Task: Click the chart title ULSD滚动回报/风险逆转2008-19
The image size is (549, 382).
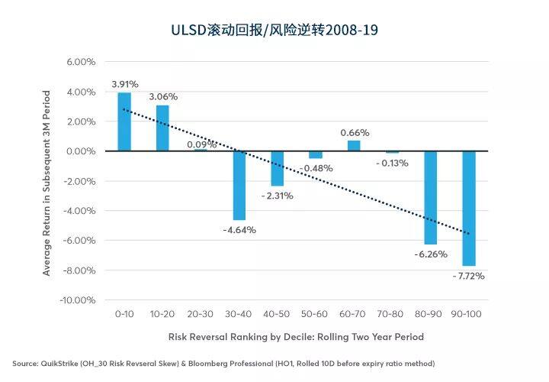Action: [274, 30]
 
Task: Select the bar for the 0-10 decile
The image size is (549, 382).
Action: [124, 121]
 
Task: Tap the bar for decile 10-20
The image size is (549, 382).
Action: [162, 128]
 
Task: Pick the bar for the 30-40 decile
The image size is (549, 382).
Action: [239, 186]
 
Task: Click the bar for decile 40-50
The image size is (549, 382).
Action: [278, 168]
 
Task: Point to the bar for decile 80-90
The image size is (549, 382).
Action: [431, 197]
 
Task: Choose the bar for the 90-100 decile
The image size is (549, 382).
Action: [469, 209]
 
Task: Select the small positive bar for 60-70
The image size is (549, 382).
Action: [354, 146]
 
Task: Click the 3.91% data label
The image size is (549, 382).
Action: [125, 84]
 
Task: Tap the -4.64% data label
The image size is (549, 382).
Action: [239, 230]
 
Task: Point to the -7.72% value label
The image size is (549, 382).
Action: [468, 276]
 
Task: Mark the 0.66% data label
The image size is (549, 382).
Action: [355, 133]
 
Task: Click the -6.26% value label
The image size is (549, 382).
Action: [431, 254]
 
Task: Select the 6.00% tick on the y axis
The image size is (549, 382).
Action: [81, 62]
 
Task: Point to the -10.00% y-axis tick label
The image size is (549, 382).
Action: [77, 300]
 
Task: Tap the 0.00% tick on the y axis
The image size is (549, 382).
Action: [81, 151]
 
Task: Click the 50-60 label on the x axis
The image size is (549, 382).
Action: [314, 314]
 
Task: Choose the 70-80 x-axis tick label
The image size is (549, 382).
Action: [390, 314]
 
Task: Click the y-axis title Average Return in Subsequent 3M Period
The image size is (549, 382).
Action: [47, 183]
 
